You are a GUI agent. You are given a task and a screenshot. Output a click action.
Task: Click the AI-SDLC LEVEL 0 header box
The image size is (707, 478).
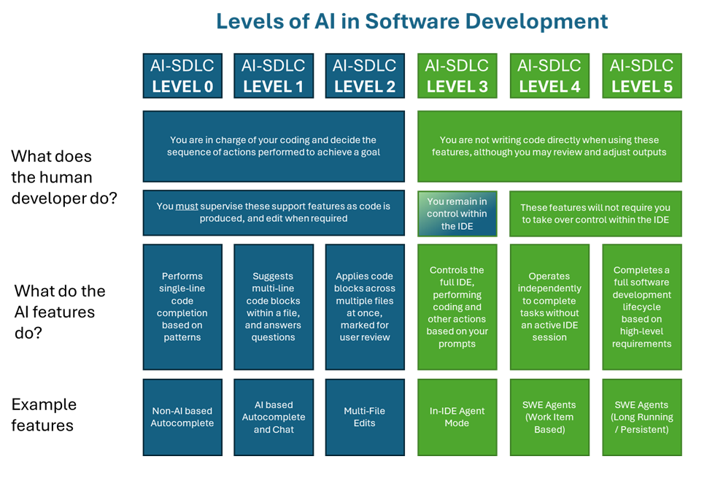tap(182, 76)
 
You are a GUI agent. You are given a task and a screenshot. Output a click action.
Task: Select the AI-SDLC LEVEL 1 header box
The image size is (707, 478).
tap(274, 76)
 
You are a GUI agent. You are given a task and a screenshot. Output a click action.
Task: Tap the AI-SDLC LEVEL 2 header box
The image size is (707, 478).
tap(365, 76)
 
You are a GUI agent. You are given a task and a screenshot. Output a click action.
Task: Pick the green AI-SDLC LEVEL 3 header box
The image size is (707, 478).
tap(457, 76)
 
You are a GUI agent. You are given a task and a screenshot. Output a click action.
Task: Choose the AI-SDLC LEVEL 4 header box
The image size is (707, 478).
tap(549, 76)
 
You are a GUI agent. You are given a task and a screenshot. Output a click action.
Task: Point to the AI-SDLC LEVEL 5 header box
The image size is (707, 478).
tap(642, 76)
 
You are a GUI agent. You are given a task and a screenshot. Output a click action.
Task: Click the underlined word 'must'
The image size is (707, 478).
tap(186, 207)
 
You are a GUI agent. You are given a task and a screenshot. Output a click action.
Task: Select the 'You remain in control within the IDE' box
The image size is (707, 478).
tap(457, 214)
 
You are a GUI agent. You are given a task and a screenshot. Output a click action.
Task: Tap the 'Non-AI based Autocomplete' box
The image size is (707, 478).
tap(182, 417)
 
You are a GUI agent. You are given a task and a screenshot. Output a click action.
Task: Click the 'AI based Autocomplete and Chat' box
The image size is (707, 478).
tap(274, 417)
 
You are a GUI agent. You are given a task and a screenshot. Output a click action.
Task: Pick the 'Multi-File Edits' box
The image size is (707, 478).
tap(365, 417)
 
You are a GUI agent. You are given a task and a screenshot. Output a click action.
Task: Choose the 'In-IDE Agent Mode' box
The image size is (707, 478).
tap(457, 417)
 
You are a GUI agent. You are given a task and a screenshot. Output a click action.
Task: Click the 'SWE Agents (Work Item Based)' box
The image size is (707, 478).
tap(549, 417)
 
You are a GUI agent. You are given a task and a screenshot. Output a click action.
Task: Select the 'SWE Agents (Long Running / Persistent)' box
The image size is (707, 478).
tap(642, 417)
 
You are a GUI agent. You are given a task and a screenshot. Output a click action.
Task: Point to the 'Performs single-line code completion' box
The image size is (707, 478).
tap(182, 307)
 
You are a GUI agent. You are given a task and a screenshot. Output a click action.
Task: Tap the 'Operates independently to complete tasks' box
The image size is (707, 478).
tap(549, 307)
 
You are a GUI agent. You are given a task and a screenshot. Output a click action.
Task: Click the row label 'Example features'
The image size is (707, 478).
tap(44, 415)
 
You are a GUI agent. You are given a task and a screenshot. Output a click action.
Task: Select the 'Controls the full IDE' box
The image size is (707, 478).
tap(457, 307)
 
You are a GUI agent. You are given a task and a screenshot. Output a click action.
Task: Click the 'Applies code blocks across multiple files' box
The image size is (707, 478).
tap(365, 307)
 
